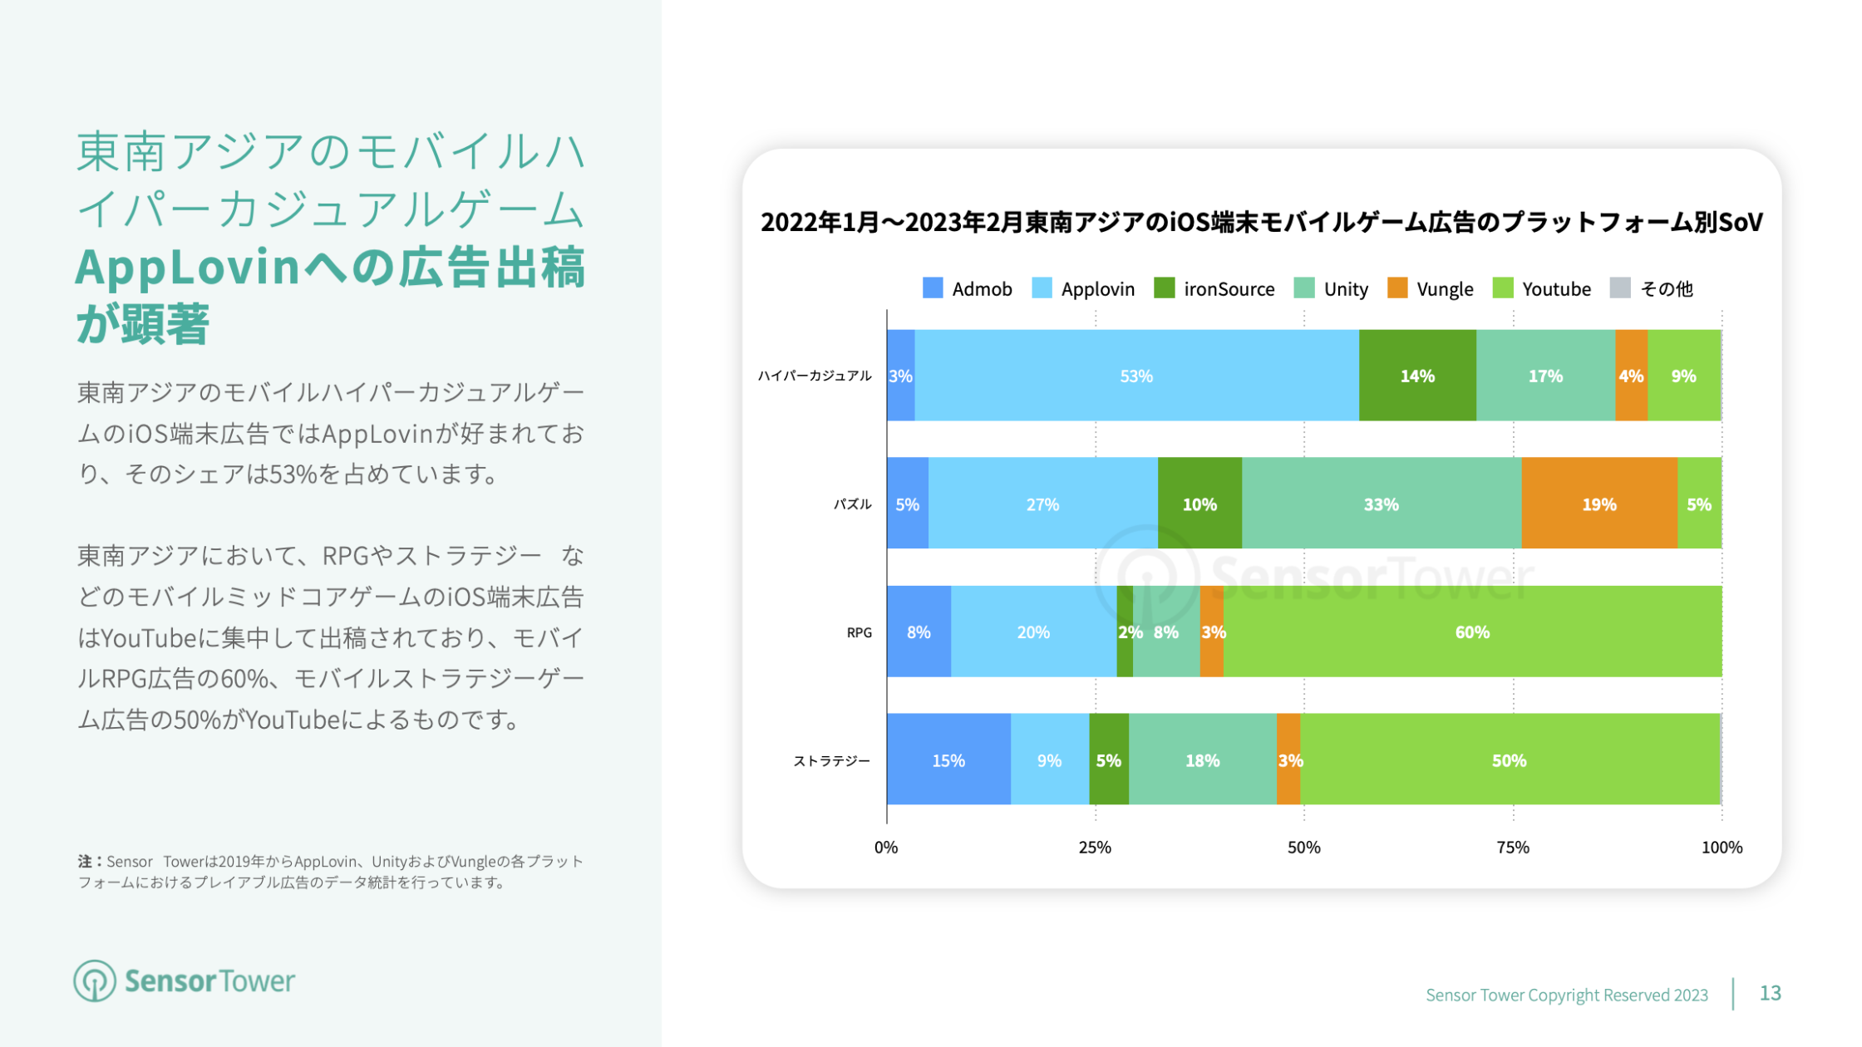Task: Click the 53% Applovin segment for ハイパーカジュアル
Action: (x=1136, y=376)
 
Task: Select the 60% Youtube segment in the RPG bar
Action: (x=1472, y=632)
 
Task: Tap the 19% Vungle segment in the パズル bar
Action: (x=1598, y=504)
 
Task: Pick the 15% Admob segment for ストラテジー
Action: (x=948, y=760)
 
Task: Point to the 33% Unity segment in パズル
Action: (x=1381, y=504)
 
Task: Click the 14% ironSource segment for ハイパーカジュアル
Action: (x=1417, y=376)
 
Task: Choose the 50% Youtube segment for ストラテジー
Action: (x=1509, y=760)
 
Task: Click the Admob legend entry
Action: (x=968, y=289)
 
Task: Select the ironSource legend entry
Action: (x=1214, y=289)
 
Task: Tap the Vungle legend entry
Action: (x=1431, y=289)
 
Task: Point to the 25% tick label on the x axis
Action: (x=1095, y=848)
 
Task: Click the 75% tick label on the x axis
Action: (x=1513, y=848)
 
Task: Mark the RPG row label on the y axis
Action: (x=860, y=632)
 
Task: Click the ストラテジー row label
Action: (x=831, y=761)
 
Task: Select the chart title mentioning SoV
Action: (x=1261, y=222)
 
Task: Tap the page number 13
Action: (x=1771, y=994)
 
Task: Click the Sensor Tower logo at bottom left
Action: (x=185, y=981)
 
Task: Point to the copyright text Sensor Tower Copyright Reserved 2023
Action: (x=1567, y=995)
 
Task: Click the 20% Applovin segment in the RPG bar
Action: (x=1033, y=632)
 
